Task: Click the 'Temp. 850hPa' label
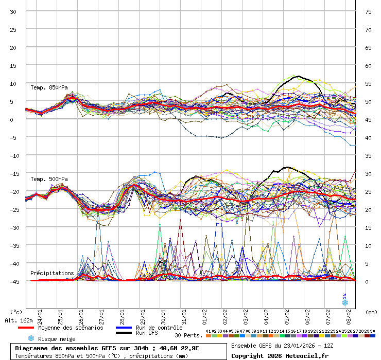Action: pos(49,87)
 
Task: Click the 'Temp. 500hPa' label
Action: pos(49,179)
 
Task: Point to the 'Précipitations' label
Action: pos(52,273)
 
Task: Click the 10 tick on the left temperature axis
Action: pos(13,83)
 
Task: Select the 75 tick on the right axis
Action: pos(368,11)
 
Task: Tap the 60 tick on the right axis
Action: pos(368,65)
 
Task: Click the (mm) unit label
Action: pos(371,312)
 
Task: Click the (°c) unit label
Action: pos(16,312)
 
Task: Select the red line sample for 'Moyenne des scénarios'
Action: pos(26,328)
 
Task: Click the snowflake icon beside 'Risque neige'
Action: pos(31,338)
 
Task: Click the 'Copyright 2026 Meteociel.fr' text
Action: pos(280,355)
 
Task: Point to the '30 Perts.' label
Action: pos(188,335)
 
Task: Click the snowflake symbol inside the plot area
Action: pos(345,302)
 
